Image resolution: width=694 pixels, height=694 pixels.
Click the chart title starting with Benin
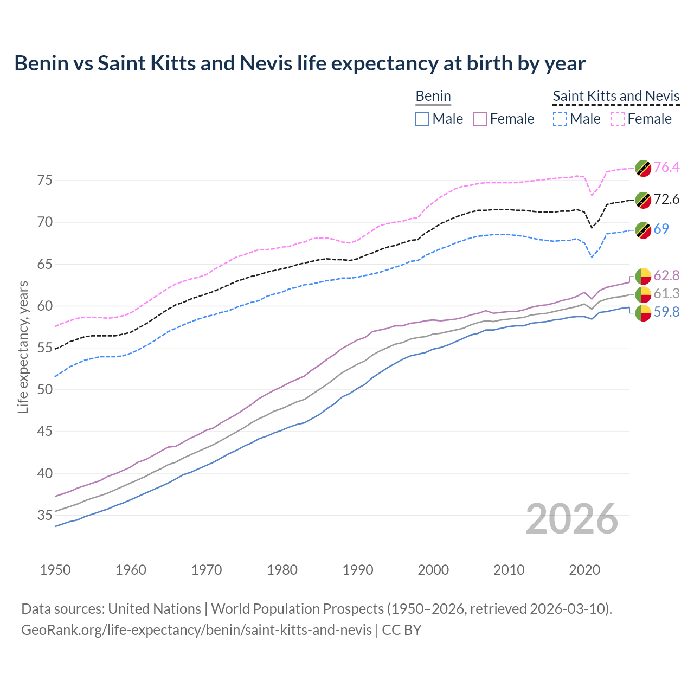point(300,63)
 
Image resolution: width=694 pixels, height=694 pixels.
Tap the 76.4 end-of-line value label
point(666,167)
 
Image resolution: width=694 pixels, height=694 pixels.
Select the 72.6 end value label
point(666,199)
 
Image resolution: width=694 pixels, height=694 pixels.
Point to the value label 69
point(661,229)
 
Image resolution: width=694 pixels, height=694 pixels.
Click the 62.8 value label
point(666,275)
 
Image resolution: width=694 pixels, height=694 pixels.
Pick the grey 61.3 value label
point(666,293)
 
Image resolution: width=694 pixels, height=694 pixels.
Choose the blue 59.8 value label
point(666,312)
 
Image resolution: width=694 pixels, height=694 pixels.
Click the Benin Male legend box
point(422,119)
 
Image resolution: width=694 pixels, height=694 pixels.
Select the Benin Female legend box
point(480,119)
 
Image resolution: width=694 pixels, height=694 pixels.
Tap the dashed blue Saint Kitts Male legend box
point(560,119)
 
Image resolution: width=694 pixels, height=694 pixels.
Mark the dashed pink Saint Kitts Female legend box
point(618,119)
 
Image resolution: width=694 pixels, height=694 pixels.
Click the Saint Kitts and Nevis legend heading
point(616,96)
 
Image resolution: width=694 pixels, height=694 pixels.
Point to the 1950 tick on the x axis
point(55,570)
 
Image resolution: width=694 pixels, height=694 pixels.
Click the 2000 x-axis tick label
point(433,570)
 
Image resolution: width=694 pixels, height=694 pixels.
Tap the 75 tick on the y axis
point(44,180)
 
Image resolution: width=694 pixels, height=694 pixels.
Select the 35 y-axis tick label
point(44,515)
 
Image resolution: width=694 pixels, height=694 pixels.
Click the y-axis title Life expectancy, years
point(23,347)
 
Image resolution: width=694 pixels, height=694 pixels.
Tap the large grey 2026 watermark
point(572,519)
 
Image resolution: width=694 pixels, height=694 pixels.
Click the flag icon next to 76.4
point(643,168)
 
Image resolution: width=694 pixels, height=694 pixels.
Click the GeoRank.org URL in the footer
point(196,630)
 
